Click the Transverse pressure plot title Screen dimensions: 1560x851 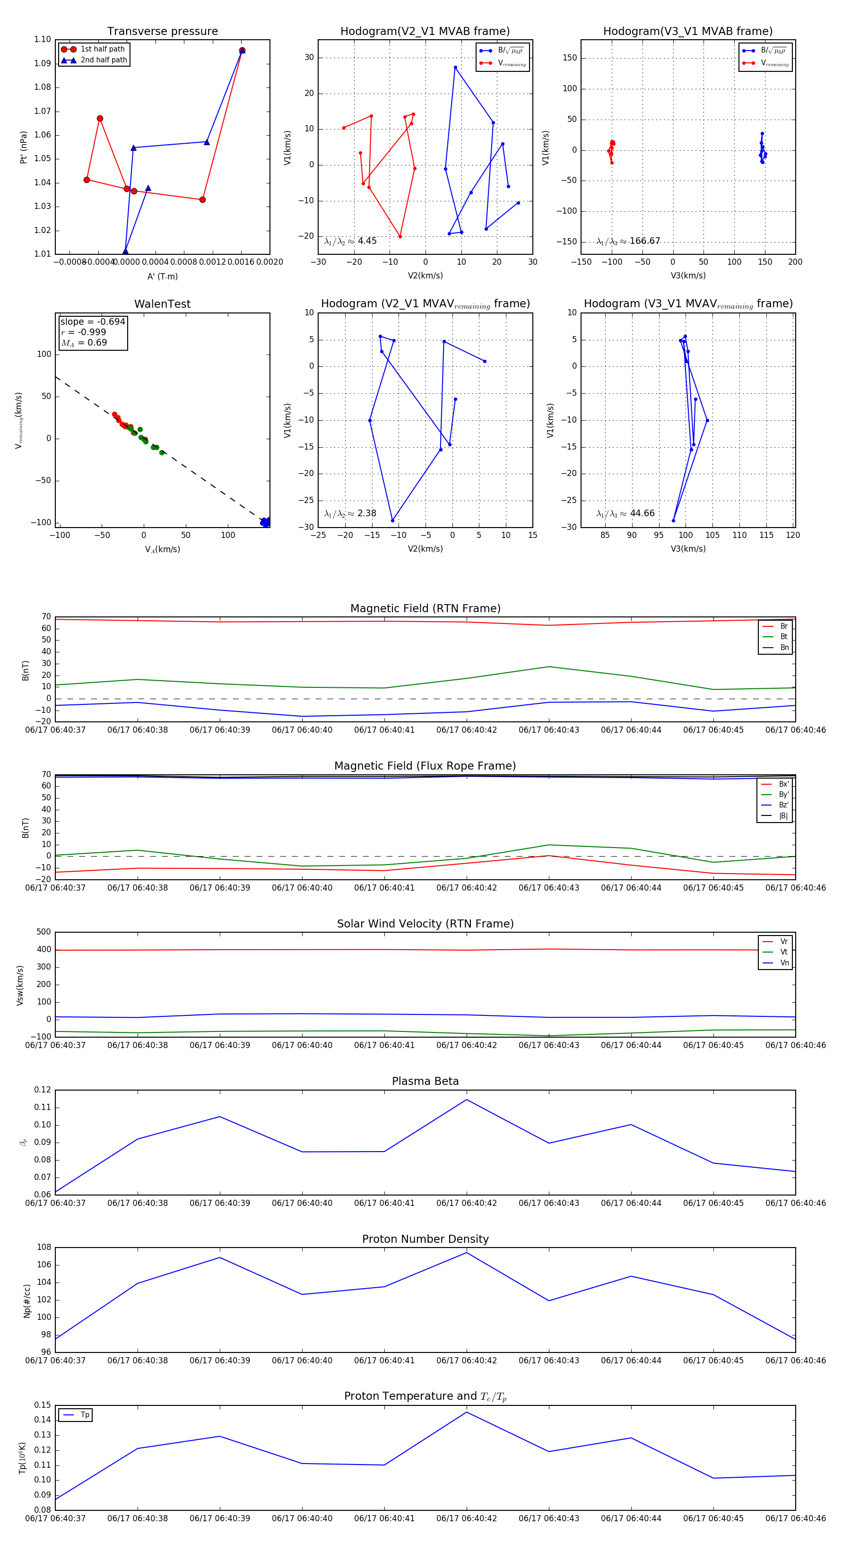(x=162, y=32)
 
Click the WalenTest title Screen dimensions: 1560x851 (x=162, y=304)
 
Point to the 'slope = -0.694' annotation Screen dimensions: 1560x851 (x=93, y=321)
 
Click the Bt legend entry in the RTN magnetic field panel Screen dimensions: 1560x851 (x=783, y=636)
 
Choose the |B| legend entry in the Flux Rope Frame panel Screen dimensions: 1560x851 (x=783, y=816)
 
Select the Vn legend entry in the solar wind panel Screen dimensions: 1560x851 (x=784, y=962)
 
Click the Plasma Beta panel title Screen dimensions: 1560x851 (x=425, y=1081)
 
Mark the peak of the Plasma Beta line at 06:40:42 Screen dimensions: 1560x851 (x=466, y=1100)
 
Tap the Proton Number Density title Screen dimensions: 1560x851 (x=425, y=1239)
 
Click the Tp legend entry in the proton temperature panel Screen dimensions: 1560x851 (x=84, y=1415)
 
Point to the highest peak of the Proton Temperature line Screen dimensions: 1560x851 (x=466, y=1412)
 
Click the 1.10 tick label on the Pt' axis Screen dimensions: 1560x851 (x=43, y=40)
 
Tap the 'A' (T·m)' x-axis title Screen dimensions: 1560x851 (x=162, y=276)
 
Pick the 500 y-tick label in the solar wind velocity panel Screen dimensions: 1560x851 (x=43, y=932)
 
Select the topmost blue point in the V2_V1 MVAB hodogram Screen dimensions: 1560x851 (x=455, y=67)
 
